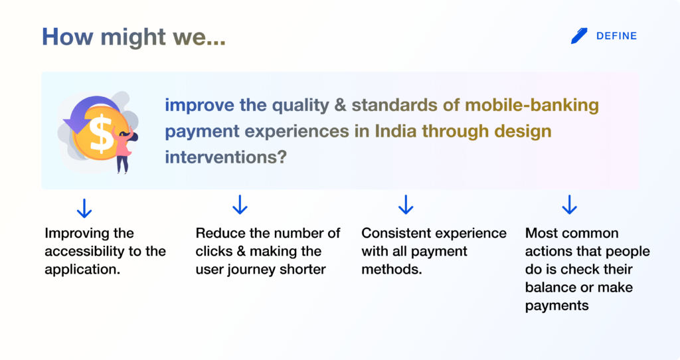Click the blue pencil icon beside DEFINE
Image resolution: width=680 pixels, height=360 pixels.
click(x=579, y=36)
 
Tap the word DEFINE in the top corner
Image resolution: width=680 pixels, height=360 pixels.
click(x=616, y=36)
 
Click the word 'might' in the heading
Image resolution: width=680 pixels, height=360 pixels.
click(x=133, y=37)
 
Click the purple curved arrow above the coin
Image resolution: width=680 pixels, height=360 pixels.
click(x=90, y=114)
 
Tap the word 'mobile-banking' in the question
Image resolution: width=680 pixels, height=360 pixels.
click(x=532, y=106)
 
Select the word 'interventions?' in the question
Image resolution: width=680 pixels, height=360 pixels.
click(x=226, y=157)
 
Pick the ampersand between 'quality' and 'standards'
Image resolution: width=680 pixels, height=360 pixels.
click(x=339, y=106)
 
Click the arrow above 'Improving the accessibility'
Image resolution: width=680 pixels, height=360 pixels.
click(x=84, y=208)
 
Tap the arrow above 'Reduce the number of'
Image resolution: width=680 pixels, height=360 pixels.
click(x=240, y=205)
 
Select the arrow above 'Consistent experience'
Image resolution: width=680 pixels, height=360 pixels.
click(x=406, y=205)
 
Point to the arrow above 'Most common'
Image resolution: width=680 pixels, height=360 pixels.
click(x=569, y=205)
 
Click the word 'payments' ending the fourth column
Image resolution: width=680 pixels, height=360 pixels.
click(x=557, y=306)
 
